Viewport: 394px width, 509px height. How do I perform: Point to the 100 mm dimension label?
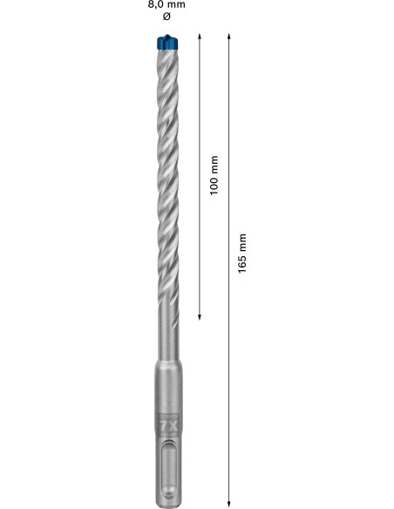pyautogui.click(x=214, y=175)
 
